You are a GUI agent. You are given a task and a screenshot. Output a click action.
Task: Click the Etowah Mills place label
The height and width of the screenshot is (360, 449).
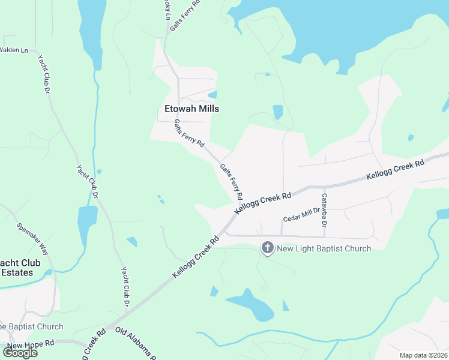pos(191,109)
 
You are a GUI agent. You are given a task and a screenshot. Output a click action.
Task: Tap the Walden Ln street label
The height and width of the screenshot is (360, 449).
pos(14,50)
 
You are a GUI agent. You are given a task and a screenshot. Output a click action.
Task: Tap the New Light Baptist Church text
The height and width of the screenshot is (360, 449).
pos(324,248)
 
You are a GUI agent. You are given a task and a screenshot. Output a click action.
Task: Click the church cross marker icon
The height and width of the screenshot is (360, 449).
pos(268,247)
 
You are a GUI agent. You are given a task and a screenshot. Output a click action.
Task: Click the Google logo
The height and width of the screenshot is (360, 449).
pos(20,353)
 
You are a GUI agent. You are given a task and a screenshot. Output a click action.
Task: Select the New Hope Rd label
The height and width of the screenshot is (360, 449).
pos(31,344)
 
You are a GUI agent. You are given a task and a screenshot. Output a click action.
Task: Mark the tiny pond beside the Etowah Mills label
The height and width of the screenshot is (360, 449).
pos(212,95)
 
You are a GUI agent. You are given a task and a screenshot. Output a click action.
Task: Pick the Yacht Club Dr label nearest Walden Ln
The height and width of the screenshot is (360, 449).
pos(43,74)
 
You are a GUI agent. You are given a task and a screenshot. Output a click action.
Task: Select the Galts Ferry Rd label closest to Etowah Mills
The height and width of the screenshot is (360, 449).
pos(189,133)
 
